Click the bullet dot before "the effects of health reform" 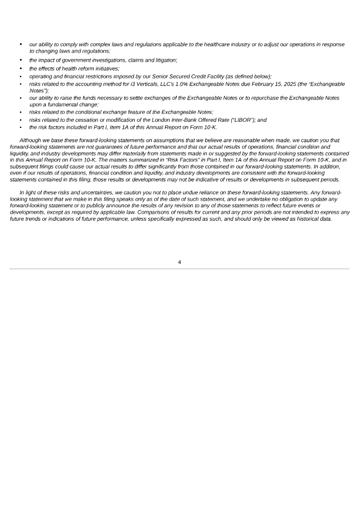click(21, 68)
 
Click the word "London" click(166, 120)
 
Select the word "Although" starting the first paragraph click(30, 141)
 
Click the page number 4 click(180, 262)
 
